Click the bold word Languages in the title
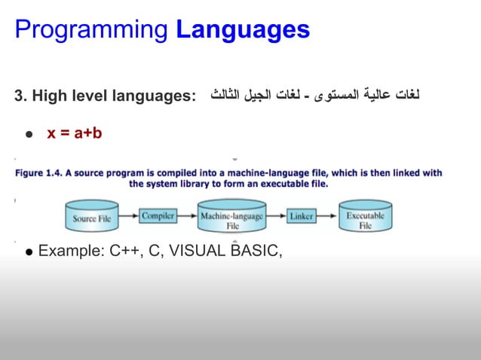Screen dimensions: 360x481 tap(242, 30)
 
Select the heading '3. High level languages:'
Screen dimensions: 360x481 tap(104, 96)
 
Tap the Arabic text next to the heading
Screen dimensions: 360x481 tap(314, 96)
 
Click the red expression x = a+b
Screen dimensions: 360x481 tap(74, 133)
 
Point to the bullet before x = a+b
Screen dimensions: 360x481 tap(29, 135)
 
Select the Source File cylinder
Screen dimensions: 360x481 tap(95, 218)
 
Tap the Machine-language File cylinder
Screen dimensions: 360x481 tap(231, 218)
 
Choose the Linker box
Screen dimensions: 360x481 tap(302, 216)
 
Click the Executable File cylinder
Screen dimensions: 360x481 tap(365, 218)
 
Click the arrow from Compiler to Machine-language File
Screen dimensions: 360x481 tap(188, 216)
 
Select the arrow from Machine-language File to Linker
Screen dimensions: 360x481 tap(276, 216)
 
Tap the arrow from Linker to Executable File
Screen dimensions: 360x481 tap(326, 216)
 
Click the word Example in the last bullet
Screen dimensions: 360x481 tap(70, 251)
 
